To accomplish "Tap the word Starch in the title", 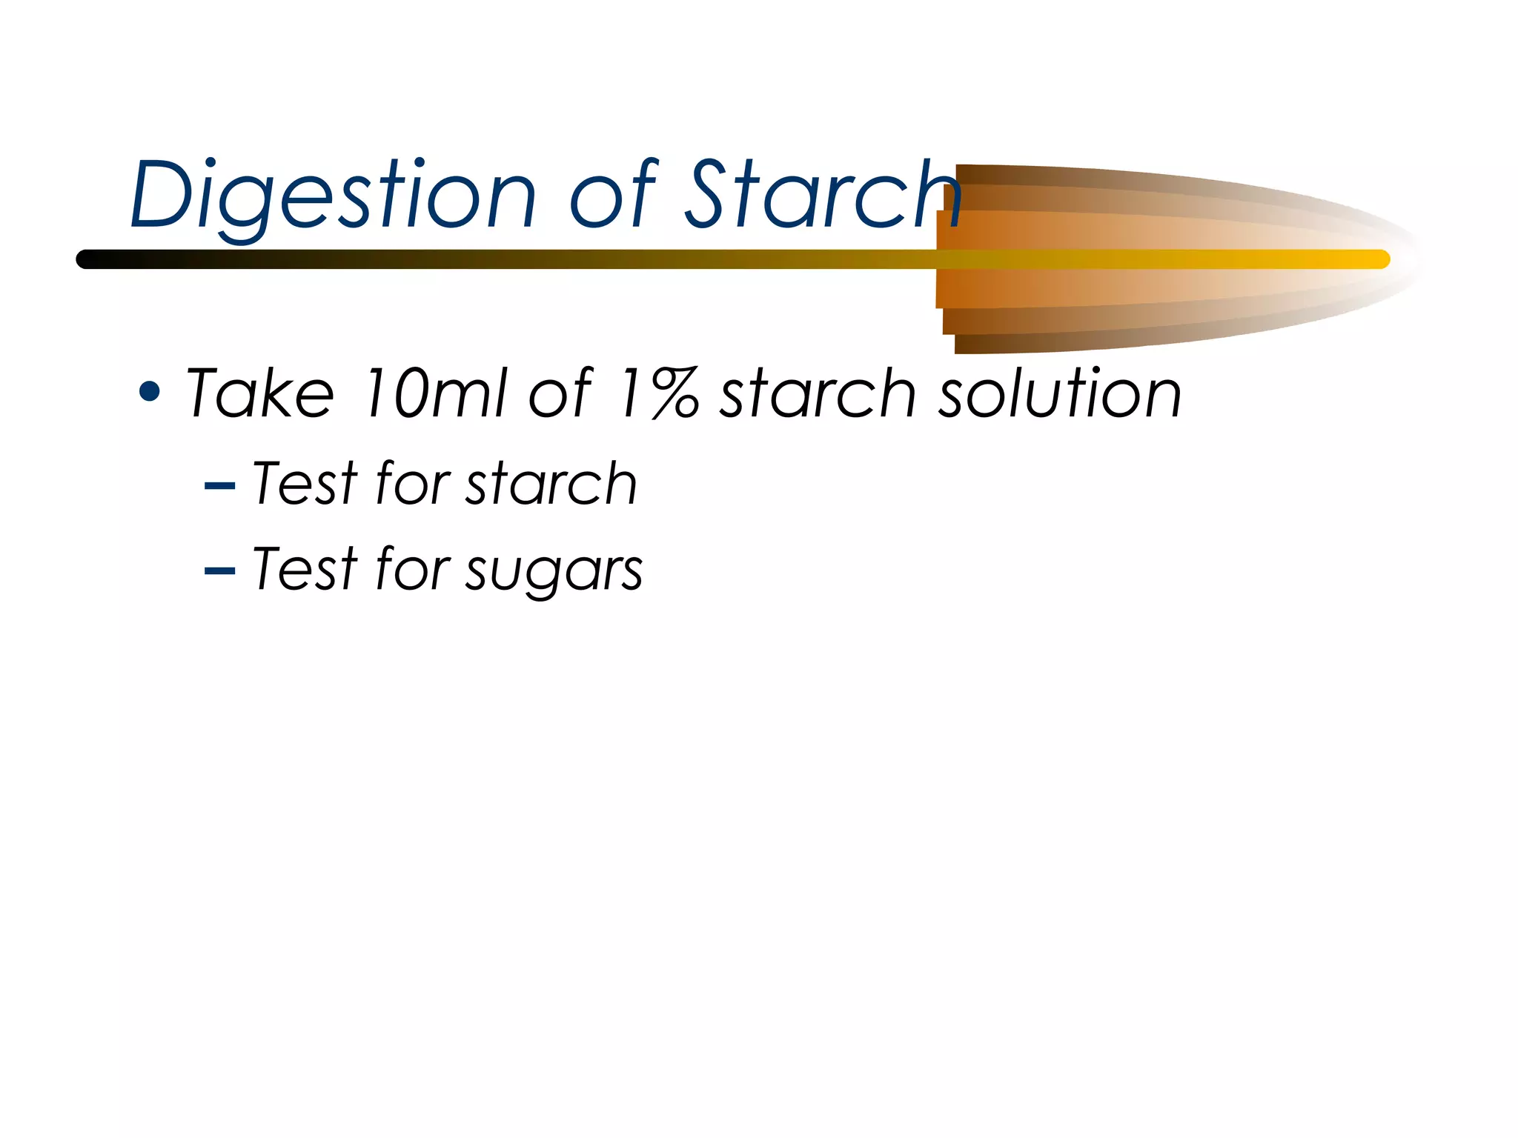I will coord(823,194).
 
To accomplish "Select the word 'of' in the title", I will coord(612,194).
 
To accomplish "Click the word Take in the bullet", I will coord(259,393).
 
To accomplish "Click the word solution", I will coord(1060,393).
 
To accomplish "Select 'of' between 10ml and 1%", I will coord(560,393).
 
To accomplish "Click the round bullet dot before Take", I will coord(150,392).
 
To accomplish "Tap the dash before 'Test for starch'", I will coord(219,487).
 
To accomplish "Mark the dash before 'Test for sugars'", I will coord(219,571).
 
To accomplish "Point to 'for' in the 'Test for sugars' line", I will coord(412,569).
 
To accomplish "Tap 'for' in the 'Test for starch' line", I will coord(412,484).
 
